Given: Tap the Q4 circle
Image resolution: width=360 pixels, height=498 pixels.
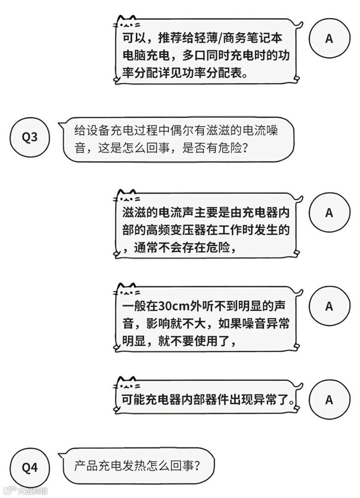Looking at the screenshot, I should (30, 468).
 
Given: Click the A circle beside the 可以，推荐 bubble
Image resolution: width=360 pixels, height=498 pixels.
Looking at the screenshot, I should (329, 39).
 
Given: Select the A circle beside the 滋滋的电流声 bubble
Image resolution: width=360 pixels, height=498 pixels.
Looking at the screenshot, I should (329, 213).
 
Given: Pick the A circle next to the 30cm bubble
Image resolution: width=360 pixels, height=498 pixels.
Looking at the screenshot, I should (329, 307).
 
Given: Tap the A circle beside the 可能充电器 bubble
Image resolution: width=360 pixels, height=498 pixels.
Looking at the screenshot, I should (329, 400).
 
